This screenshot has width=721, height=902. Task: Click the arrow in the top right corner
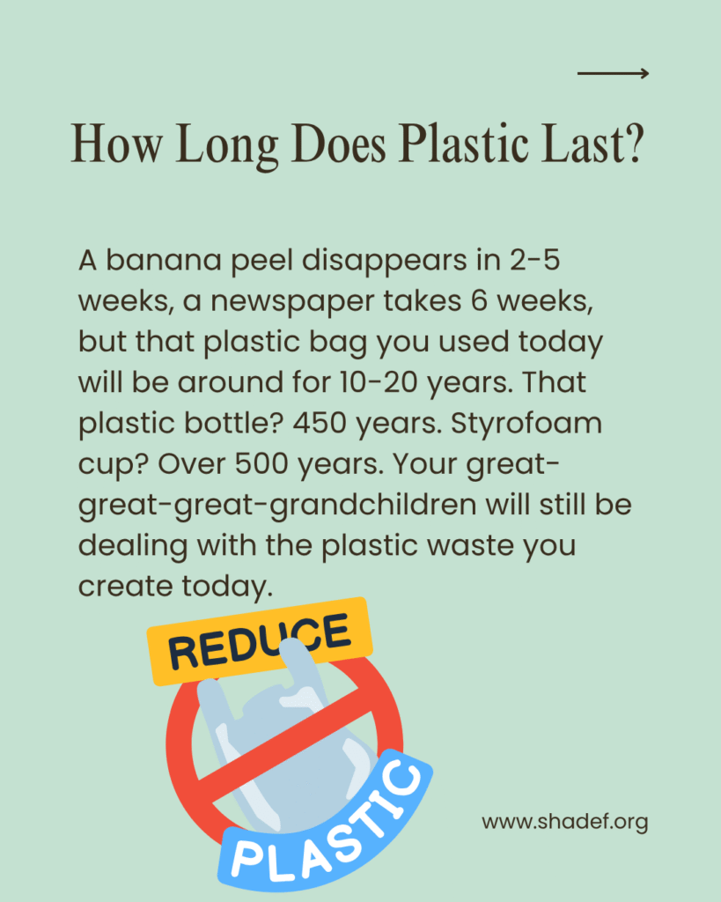pyautogui.click(x=613, y=73)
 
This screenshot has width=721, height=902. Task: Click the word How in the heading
pyautogui.click(x=117, y=144)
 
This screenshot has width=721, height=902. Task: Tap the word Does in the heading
pyautogui.click(x=339, y=144)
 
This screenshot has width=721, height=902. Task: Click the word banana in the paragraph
pyautogui.click(x=164, y=260)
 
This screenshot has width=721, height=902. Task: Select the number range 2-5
pyautogui.click(x=534, y=260)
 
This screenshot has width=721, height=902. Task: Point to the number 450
pyautogui.click(x=320, y=424)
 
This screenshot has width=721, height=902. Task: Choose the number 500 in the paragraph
pyautogui.click(x=261, y=464)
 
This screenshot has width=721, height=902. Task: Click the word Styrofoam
pyautogui.click(x=526, y=425)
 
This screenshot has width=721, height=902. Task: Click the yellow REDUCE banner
pyautogui.click(x=260, y=641)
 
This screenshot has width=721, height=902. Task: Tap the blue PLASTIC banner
pyautogui.click(x=326, y=823)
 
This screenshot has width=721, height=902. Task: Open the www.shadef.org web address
pyautogui.click(x=565, y=822)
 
